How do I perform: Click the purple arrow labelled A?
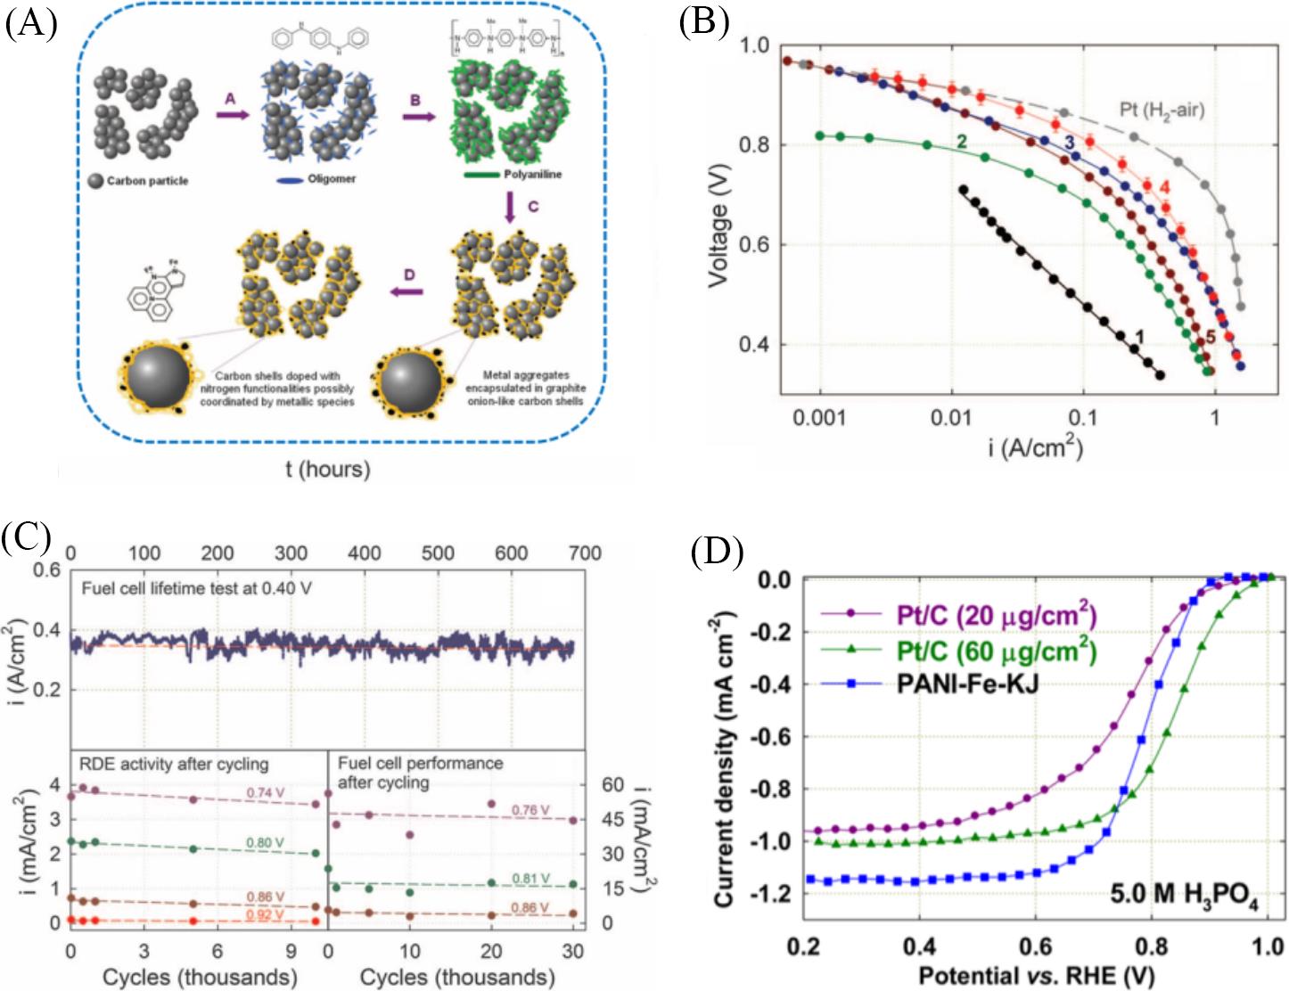coord(232,114)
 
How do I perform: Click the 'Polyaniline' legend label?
coord(532,175)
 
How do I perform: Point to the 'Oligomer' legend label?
coord(332,179)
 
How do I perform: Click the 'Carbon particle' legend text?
coord(147,181)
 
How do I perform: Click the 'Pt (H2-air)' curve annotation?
coord(1162,111)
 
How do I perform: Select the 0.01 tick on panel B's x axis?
coord(951,417)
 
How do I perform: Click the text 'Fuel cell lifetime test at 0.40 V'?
coord(196,588)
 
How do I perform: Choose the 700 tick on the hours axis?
coord(585,553)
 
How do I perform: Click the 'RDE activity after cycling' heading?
coord(174,764)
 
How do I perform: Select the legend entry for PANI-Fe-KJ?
coord(967,684)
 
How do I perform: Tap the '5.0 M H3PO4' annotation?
coord(1183,894)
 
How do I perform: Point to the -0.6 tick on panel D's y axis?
coord(773,737)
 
